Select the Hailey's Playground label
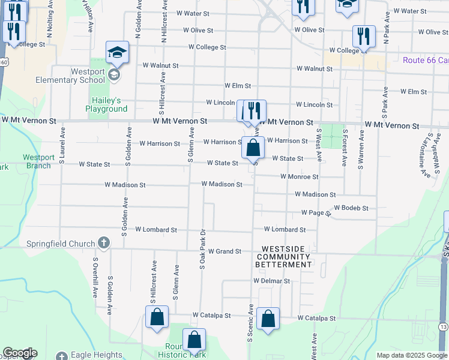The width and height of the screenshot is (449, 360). [x=109, y=104]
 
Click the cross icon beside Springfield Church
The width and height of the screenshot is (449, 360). [x=104, y=243]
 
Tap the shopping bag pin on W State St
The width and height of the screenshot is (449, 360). [x=253, y=147]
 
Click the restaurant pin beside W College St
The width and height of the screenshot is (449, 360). [x=363, y=36]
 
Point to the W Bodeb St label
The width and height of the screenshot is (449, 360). [x=351, y=208]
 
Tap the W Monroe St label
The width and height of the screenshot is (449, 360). [x=299, y=177]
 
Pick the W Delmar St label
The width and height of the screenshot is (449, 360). [x=271, y=280]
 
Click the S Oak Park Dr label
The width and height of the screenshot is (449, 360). [x=203, y=249]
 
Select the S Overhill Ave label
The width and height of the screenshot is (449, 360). [x=95, y=278]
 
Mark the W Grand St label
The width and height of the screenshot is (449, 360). [x=221, y=251]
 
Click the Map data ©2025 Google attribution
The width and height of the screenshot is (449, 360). [x=411, y=355]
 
